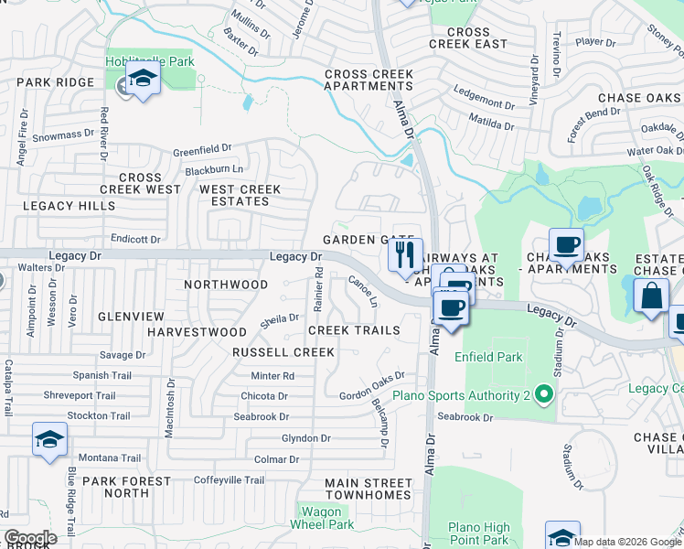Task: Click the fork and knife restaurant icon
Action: pyautogui.click(x=405, y=254)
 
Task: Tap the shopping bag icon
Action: pyautogui.click(x=650, y=296)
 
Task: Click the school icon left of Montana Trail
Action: pyautogui.click(x=49, y=439)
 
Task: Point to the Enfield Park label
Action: pyautogui.click(x=493, y=357)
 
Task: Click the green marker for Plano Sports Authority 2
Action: pyautogui.click(x=544, y=395)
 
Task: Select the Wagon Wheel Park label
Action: pyautogui.click(x=321, y=518)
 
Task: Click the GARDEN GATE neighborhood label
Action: pyautogui.click(x=355, y=240)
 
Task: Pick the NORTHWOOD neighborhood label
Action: pyautogui.click(x=226, y=285)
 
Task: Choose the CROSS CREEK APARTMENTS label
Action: pyautogui.click(x=369, y=81)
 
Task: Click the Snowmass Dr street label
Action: pyautogui.click(x=63, y=134)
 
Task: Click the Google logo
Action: pyautogui.click(x=30, y=538)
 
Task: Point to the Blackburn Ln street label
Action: pyautogui.click(x=214, y=169)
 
